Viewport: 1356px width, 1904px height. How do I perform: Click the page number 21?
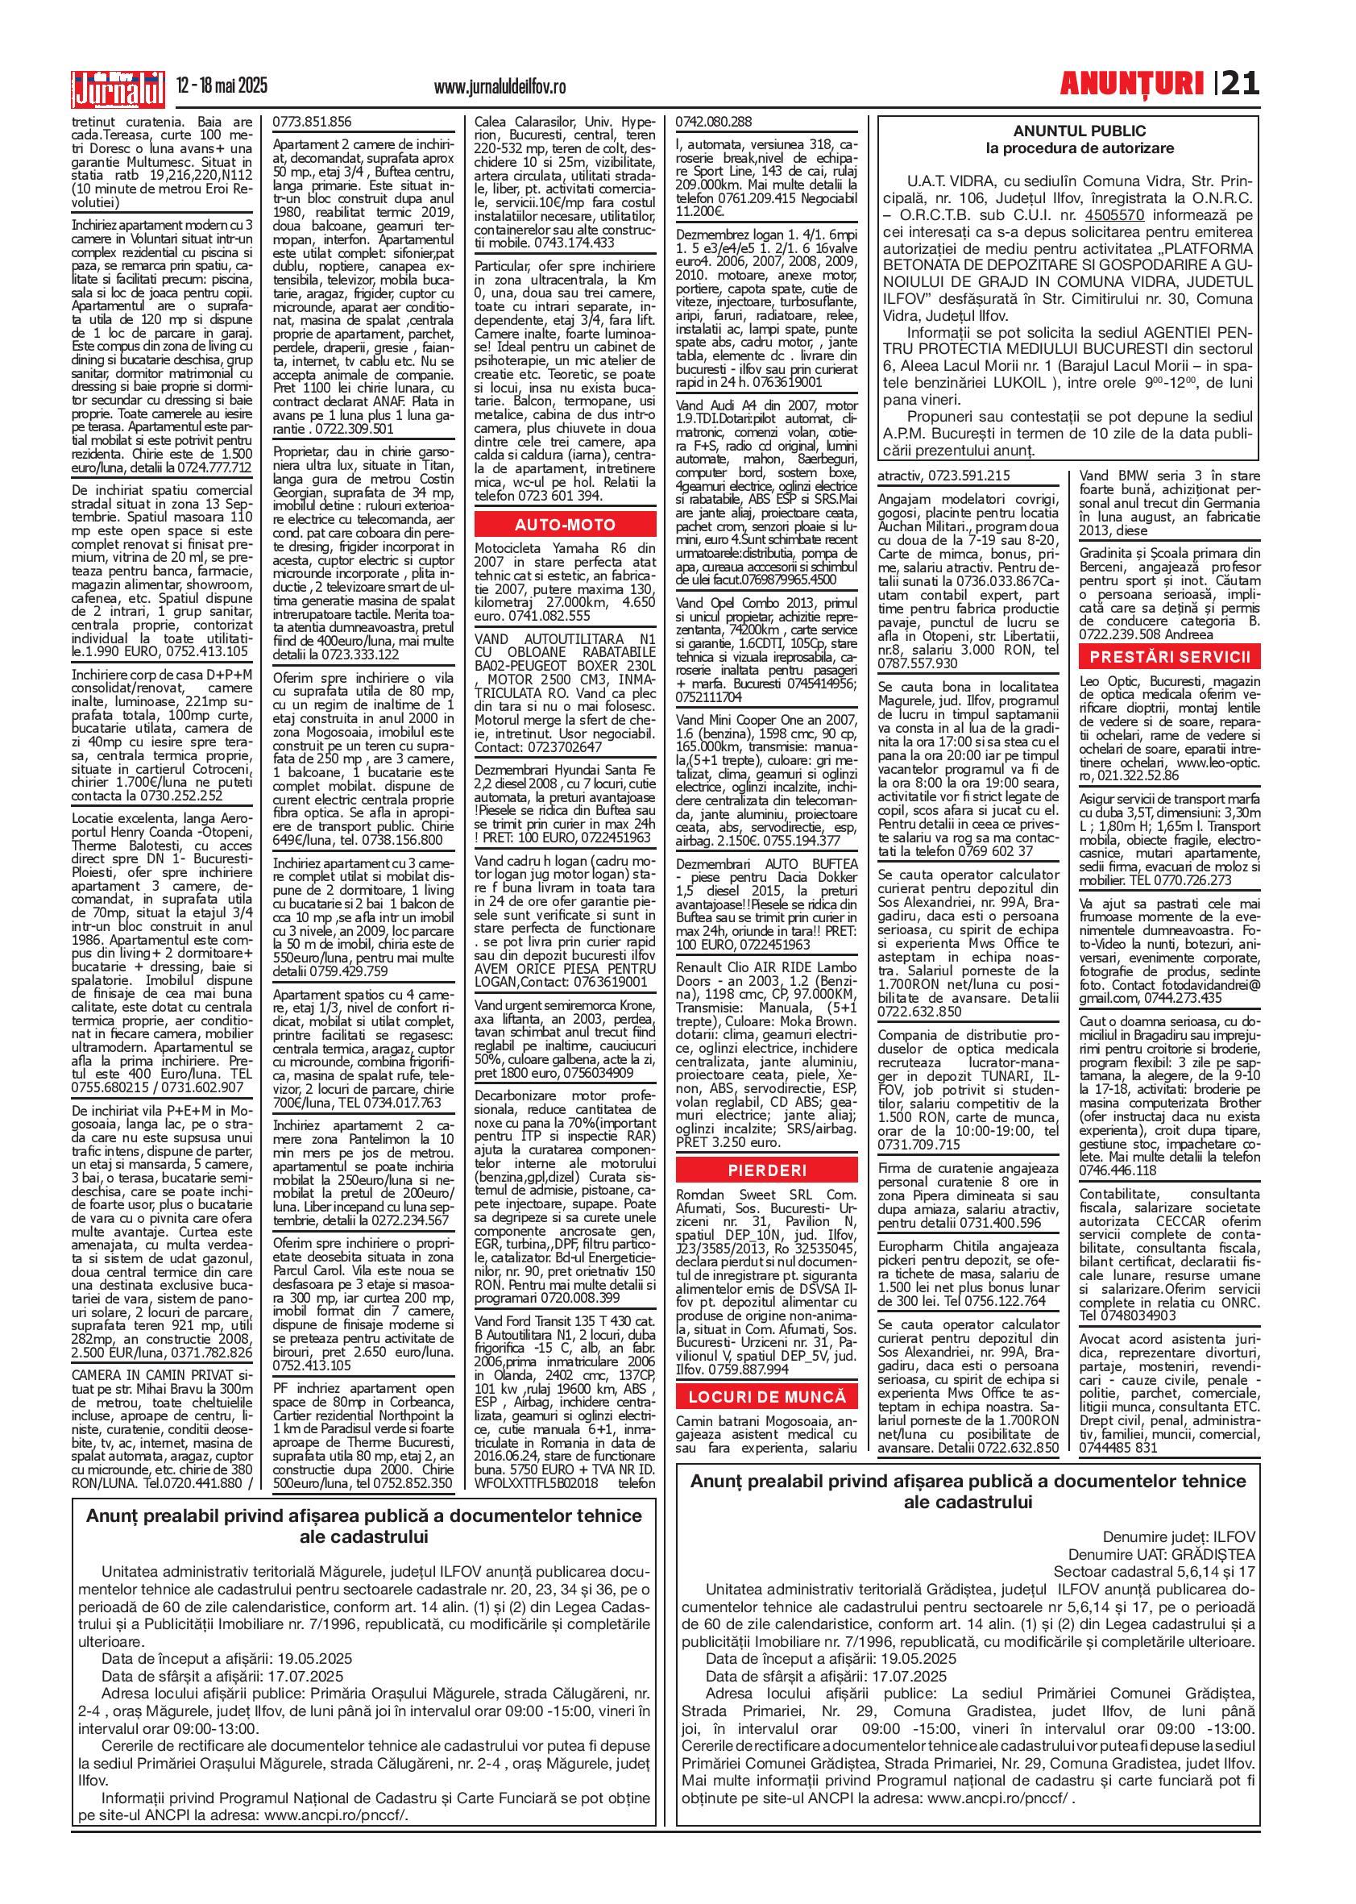coord(1240,84)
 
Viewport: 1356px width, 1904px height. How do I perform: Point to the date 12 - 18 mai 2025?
coord(222,86)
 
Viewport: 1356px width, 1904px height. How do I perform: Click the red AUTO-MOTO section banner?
coord(566,525)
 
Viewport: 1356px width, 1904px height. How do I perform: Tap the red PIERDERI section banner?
coord(766,1169)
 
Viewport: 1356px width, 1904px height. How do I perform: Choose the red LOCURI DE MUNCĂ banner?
coord(766,1396)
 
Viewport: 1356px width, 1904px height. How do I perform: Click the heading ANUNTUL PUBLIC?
coord(1068,131)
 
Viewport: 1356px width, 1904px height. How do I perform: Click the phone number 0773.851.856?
coord(313,121)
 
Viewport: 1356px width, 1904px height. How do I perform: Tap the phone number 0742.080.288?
coord(714,121)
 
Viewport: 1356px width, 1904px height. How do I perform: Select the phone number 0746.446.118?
coord(1117,1170)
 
